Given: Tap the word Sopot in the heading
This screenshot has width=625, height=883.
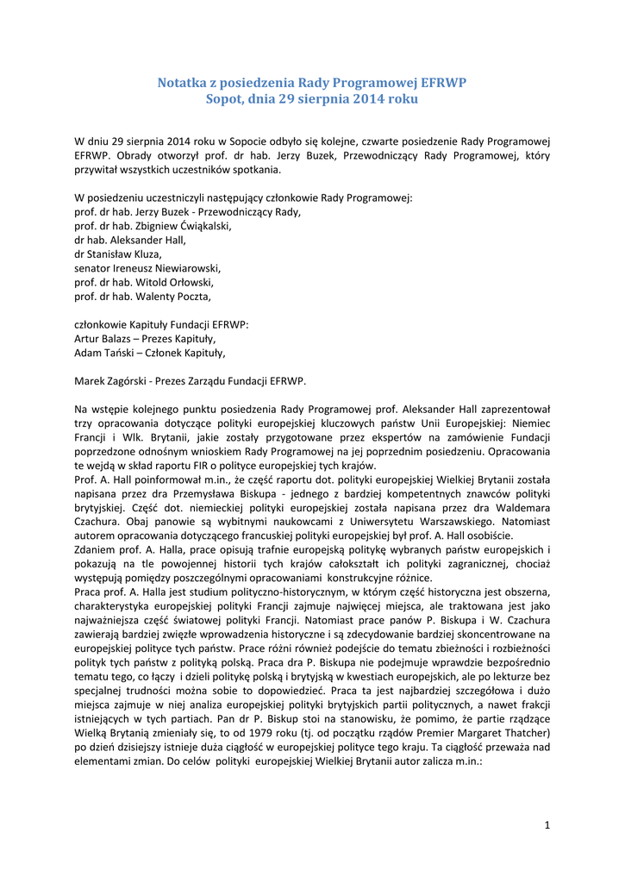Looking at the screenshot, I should [x=224, y=99].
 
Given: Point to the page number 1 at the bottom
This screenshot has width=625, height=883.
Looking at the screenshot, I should [x=547, y=825].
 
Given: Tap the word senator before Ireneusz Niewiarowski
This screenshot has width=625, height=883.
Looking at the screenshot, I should [x=95, y=267].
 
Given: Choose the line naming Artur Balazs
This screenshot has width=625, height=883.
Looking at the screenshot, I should [x=145, y=338].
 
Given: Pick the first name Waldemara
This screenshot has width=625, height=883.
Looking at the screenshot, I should [x=516, y=506].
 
